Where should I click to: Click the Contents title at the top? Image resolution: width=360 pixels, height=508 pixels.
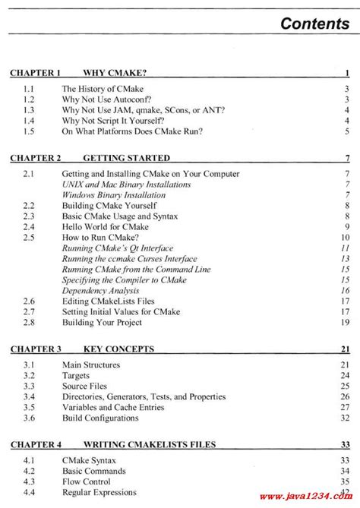pos(314,23)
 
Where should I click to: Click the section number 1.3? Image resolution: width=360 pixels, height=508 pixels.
pos(27,110)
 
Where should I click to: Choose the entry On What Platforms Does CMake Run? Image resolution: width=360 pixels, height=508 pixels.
pos(137,131)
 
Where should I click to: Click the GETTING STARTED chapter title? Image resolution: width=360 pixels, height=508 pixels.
pos(126,158)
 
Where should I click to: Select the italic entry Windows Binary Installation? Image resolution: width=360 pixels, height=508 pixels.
pos(114,195)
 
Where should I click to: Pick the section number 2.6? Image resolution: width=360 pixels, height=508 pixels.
pos(27,301)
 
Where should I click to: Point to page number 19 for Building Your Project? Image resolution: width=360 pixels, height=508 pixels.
pos(344,323)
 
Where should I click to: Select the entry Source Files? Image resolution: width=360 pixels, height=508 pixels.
pos(87,386)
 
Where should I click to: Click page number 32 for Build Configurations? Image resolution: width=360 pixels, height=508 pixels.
pos(344,418)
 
